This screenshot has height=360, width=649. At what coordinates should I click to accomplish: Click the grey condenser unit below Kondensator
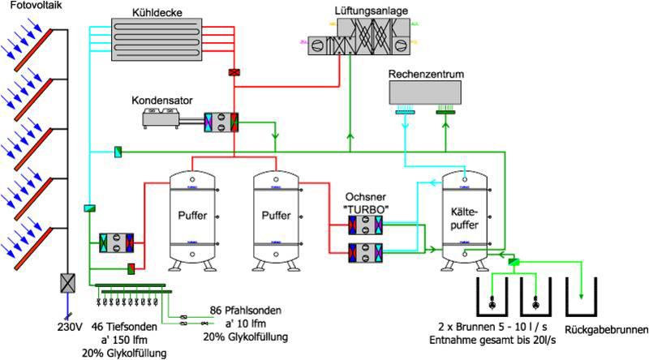click(162, 119)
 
